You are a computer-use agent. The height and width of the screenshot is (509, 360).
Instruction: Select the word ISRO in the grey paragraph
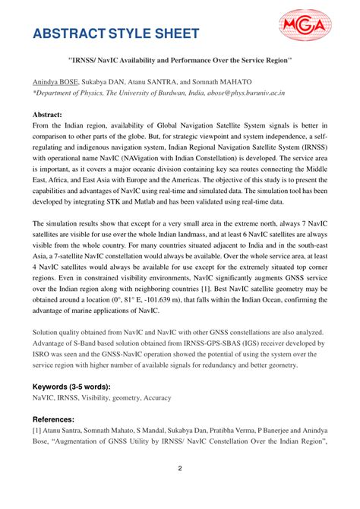coord(42,359)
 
